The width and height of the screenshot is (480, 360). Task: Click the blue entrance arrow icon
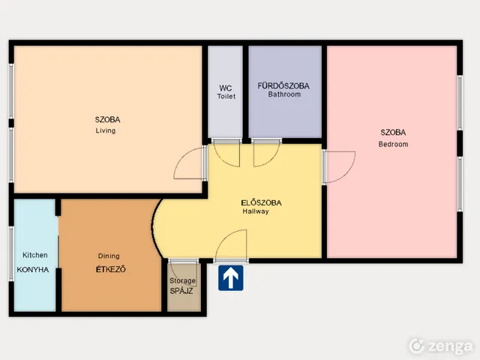tap(231, 278)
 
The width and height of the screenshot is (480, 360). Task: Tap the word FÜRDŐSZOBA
tap(283, 85)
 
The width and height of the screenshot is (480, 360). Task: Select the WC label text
tap(225, 88)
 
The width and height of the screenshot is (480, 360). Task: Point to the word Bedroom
tap(393, 144)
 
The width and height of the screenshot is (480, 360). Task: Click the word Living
tap(106, 130)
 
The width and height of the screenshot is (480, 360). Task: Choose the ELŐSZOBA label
tap(261, 202)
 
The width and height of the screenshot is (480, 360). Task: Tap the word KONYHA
tap(33, 270)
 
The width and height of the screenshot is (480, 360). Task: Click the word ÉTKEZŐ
tap(110, 269)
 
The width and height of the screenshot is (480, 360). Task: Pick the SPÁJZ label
tap(181, 291)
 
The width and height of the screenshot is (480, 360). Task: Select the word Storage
tap(182, 280)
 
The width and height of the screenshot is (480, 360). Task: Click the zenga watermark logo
tap(442, 346)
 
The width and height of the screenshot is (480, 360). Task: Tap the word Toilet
tap(226, 96)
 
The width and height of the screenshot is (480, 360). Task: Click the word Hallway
tap(256, 211)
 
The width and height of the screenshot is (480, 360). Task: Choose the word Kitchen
tap(35, 255)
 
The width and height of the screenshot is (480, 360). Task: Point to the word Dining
tap(109, 256)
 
